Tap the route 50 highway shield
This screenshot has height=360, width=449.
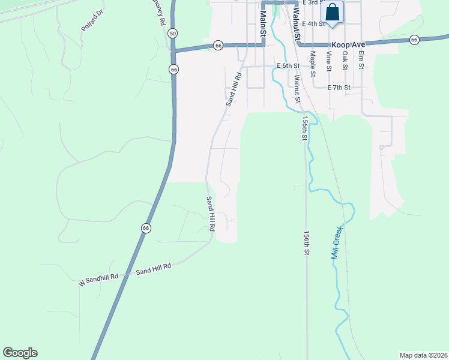(x=173, y=34)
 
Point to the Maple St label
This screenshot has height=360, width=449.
(x=313, y=61)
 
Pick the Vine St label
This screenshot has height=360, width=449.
(x=329, y=61)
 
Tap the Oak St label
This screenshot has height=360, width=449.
(x=345, y=59)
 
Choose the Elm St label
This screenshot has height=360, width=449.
(x=361, y=59)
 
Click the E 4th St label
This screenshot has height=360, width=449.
(x=314, y=24)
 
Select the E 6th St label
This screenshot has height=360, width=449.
(x=288, y=65)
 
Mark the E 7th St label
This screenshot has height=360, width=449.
(x=339, y=88)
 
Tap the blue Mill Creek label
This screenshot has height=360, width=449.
(x=336, y=242)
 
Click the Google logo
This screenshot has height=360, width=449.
(x=20, y=353)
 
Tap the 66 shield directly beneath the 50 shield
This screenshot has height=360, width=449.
(x=174, y=70)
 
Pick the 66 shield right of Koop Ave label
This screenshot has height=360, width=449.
(x=414, y=40)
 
